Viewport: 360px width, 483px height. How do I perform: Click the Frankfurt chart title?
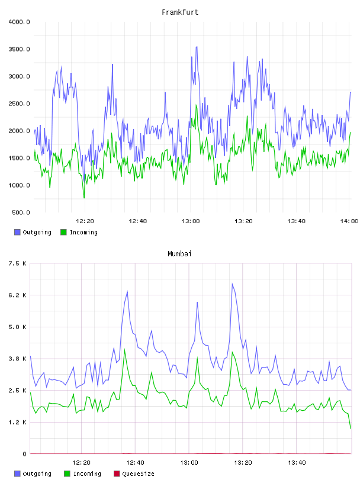[180, 12]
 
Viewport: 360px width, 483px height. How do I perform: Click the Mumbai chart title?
[179, 254]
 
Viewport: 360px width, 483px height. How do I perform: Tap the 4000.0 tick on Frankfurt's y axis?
[19, 22]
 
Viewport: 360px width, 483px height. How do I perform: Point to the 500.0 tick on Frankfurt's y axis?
[21, 212]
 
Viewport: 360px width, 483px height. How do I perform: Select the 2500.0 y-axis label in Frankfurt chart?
[19, 104]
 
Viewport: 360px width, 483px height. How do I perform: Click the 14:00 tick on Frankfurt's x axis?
[349, 221]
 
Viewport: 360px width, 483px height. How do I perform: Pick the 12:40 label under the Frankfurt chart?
[138, 221]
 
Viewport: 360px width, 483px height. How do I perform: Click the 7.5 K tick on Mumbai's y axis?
[18, 263]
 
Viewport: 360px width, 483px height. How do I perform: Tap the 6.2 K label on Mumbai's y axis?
[18, 295]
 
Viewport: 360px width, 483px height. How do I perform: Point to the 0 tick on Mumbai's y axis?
[25, 454]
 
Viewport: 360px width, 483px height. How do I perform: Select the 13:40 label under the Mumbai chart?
[297, 463]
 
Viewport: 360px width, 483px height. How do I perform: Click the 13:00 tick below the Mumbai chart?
[189, 463]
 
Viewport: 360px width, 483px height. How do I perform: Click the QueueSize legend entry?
[134, 474]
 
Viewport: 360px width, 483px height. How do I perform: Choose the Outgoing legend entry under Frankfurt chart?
[33, 232]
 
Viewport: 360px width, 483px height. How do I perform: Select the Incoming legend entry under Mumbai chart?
[83, 474]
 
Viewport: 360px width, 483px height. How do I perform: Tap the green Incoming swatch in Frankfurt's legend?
[63, 232]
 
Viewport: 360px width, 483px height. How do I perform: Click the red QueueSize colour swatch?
[117, 474]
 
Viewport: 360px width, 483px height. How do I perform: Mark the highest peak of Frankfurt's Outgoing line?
[197, 47]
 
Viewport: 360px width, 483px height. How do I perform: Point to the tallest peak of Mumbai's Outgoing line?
[232, 284]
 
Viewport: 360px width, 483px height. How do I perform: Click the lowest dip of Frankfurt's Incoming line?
[84, 198]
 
